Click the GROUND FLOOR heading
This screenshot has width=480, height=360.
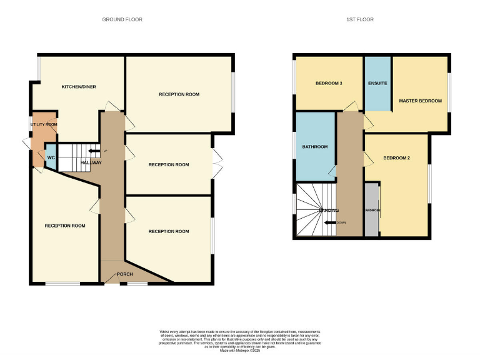click(122, 19)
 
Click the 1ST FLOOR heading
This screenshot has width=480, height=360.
click(360, 19)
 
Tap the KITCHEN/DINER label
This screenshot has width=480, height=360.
click(78, 86)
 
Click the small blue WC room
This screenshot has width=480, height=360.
click(51, 157)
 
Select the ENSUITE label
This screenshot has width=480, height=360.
click(377, 83)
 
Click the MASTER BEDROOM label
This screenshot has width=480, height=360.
click(420, 101)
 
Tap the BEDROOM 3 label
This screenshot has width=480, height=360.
click(328, 83)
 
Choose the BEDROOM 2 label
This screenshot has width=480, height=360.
click(396, 158)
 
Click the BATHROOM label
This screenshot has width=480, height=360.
click(315, 147)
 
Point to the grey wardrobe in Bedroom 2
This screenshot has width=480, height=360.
click(372, 210)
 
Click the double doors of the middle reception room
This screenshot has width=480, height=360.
click(216, 164)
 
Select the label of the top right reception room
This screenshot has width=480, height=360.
click(179, 94)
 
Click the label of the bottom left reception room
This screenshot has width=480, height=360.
click(65, 226)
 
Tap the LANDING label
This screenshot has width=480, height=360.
click(329, 211)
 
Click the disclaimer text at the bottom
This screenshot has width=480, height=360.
click(240, 340)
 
